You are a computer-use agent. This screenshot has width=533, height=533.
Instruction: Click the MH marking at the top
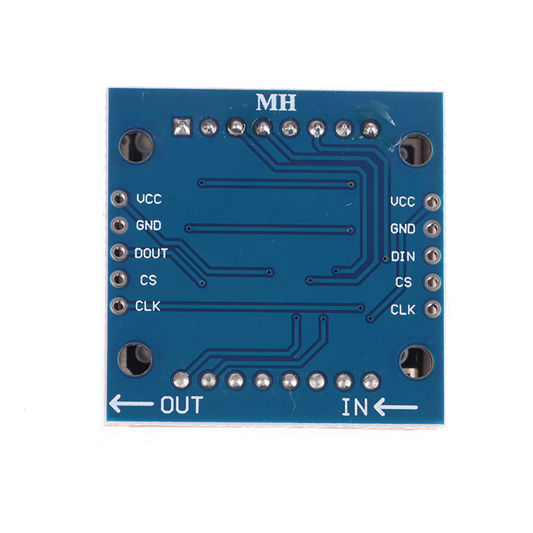(x=276, y=103)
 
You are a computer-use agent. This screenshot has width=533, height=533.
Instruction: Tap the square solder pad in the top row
(x=182, y=127)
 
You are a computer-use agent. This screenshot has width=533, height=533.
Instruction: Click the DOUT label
(x=151, y=253)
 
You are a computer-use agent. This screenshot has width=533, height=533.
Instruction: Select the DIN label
(x=403, y=257)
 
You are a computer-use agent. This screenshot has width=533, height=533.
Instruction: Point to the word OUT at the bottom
(x=181, y=404)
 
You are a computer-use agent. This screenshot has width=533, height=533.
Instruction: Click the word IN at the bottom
(x=354, y=407)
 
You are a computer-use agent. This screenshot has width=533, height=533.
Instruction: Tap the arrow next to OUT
(x=131, y=404)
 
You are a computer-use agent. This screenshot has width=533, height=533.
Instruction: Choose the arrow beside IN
(x=396, y=407)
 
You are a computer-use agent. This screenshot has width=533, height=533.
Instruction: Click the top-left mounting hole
(x=136, y=146)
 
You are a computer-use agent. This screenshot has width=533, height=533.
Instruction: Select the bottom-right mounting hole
(x=416, y=362)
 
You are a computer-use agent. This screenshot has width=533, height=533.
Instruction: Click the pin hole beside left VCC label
(x=119, y=199)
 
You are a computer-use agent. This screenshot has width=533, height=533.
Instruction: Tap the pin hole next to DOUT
(x=119, y=253)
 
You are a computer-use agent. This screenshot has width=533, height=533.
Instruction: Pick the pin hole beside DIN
(x=432, y=256)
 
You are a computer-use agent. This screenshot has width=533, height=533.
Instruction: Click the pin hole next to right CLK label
(x=432, y=309)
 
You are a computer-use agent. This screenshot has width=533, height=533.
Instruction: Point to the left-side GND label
(x=149, y=225)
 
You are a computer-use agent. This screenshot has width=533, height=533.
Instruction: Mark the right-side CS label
(x=404, y=282)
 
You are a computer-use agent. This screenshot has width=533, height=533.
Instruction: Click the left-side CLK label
(x=147, y=306)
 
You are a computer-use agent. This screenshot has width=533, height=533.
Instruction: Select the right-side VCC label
(x=403, y=202)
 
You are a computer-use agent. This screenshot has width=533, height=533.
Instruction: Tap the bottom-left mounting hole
(x=135, y=359)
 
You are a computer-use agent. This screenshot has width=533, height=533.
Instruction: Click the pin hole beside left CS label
(x=119, y=279)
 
